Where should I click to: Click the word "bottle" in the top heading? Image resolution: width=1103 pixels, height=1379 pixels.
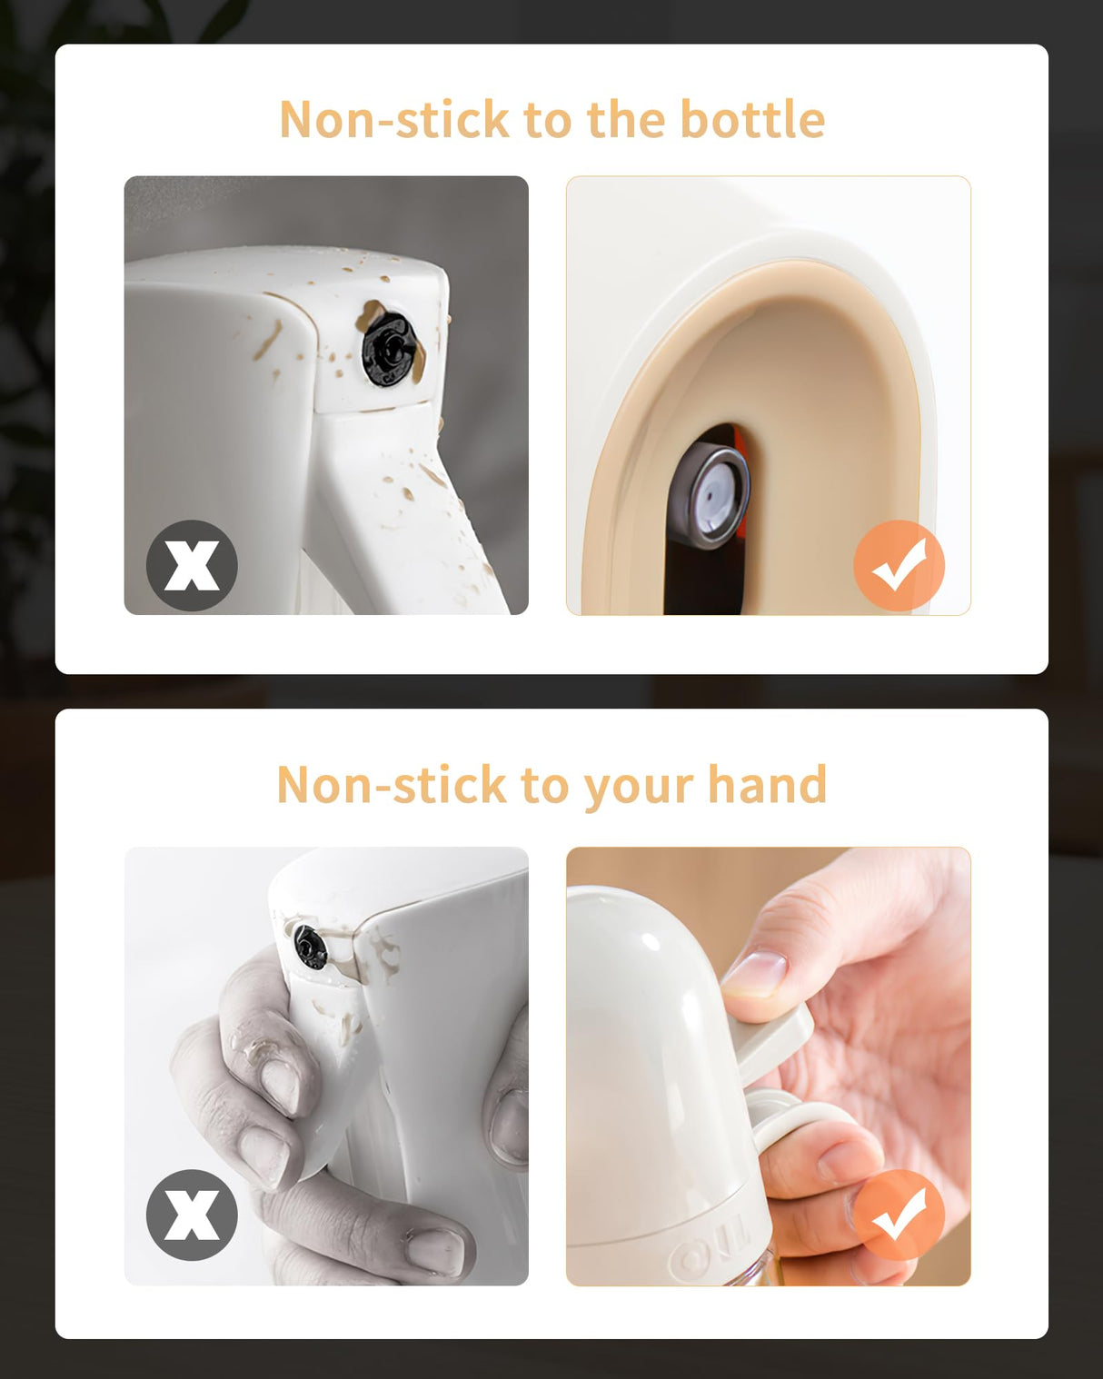[751, 118]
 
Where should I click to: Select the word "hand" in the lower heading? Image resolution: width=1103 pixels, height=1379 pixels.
[767, 784]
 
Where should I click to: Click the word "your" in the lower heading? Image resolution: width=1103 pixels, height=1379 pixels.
[638, 789]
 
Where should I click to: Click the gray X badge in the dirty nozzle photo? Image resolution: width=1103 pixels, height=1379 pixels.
[192, 565]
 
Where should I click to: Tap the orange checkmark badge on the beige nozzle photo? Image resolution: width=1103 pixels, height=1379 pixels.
[899, 565]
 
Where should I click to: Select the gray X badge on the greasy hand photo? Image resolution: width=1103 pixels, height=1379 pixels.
[192, 1215]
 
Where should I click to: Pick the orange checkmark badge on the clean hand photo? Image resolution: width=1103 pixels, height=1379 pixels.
[899, 1215]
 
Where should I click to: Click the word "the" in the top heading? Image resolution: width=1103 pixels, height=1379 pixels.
[626, 118]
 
